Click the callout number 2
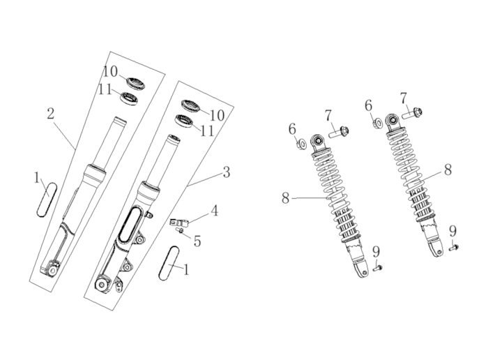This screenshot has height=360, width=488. (51, 114)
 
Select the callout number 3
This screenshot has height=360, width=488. (227, 172)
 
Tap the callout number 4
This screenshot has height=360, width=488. (215, 211)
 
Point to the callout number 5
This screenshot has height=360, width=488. (197, 241)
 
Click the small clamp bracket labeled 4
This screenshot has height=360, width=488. (179, 223)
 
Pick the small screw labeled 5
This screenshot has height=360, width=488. (180, 230)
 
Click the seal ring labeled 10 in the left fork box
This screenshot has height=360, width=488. (136, 82)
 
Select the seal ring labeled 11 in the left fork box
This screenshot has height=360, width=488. (129, 98)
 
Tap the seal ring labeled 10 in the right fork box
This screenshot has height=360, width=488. (191, 105)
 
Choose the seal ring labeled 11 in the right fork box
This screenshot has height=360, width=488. (184, 121)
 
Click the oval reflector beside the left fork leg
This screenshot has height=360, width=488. (47, 200)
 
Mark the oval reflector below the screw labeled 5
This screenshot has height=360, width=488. (169, 263)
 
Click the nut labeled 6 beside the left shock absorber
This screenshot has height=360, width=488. (301, 144)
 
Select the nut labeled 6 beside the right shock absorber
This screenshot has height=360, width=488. (378, 123)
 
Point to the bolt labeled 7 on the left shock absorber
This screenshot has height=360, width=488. (339, 132)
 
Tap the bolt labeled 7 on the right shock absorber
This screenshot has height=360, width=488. (412, 113)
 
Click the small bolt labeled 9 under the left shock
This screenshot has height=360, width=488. (377, 267)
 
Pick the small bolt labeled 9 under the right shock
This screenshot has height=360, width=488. (453, 248)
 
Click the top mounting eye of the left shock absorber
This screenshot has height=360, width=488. (318, 141)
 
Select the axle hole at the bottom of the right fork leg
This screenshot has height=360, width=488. (101, 285)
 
